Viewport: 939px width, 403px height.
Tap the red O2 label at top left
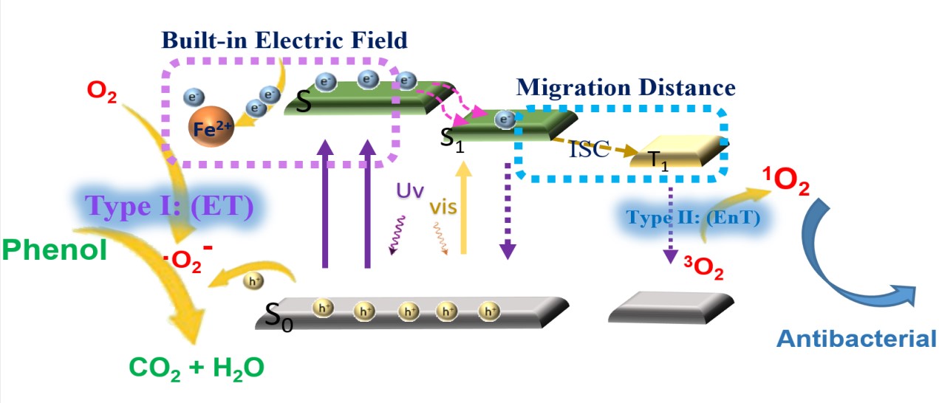(x=101, y=94)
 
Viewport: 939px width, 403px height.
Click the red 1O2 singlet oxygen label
(x=785, y=181)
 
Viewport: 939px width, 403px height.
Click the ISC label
(x=589, y=150)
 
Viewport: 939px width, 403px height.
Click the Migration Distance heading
(x=626, y=88)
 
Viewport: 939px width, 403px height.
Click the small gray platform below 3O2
(x=670, y=308)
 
